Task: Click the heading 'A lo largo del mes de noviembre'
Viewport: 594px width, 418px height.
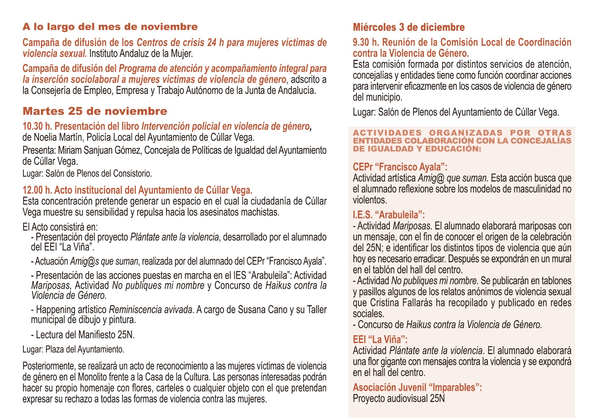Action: click(x=110, y=27)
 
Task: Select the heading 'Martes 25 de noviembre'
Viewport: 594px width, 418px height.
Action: click(x=95, y=111)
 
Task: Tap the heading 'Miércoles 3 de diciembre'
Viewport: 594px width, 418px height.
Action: click(x=408, y=27)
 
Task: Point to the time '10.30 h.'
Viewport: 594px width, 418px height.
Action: click(x=37, y=127)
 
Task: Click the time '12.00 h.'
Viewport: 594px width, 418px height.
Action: click(x=37, y=190)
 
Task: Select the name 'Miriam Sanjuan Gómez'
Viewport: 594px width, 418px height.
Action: click(x=99, y=150)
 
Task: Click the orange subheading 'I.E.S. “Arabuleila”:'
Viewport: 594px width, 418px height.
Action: click(x=388, y=215)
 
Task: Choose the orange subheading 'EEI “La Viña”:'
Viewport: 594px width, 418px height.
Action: click(x=380, y=339)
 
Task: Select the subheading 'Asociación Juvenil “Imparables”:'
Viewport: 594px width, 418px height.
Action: click(x=417, y=388)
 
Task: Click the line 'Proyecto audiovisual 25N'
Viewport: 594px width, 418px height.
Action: click(x=398, y=399)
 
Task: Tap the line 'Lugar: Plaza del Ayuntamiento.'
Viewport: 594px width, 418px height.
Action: click(x=73, y=349)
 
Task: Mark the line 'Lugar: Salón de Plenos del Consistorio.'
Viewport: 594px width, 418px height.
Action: click(x=87, y=173)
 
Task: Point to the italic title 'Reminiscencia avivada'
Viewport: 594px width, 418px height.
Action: click(x=151, y=310)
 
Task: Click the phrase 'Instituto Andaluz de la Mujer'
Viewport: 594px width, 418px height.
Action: click(x=141, y=53)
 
